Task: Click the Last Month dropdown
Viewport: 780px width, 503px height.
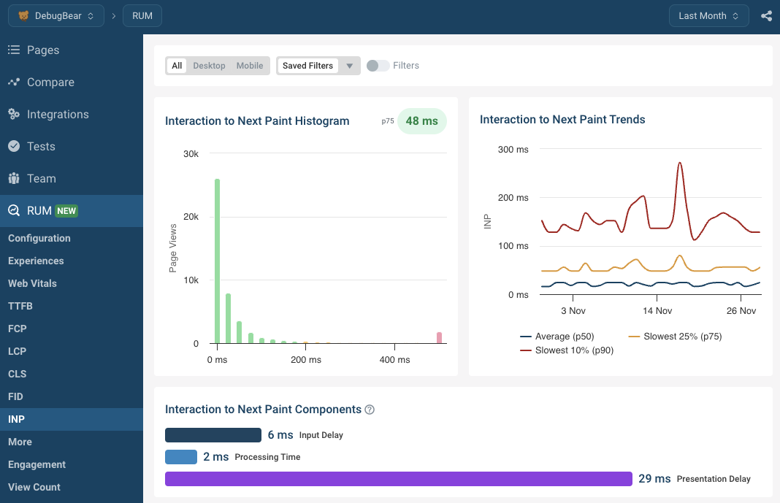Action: click(x=708, y=15)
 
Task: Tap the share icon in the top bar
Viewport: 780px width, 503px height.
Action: click(x=766, y=15)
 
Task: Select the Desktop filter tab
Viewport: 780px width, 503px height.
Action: click(x=209, y=66)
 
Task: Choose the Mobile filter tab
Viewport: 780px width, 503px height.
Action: click(x=249, y=66)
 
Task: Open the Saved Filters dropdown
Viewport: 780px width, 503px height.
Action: click(x=318, y=66)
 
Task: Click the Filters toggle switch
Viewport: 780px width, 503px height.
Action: click(x=378, y=66)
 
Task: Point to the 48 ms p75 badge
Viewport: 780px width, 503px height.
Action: click(x=421, y=121)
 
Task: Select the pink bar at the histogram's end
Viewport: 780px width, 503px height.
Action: click(x=439, y=337)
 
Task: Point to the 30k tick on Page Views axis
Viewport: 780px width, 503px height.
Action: click(x=191, y=154)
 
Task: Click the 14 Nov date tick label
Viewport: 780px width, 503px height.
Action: click(x=657, y=311)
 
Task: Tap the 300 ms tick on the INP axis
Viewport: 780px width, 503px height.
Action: click(x=513, y=150)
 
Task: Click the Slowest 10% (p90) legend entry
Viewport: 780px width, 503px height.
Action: click(x=567, y=350)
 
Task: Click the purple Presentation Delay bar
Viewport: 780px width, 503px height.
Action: click(x=398, y=479)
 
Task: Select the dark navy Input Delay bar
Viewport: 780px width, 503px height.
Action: click(x=213, y=435)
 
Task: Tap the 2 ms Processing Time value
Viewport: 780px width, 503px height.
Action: click(x=216, y=457)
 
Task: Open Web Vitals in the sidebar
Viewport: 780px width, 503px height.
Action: click(x=32, y=283)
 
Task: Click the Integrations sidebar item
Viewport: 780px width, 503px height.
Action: click(x=57, y=115)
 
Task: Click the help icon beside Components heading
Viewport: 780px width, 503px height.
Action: click(x=370, y=410)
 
